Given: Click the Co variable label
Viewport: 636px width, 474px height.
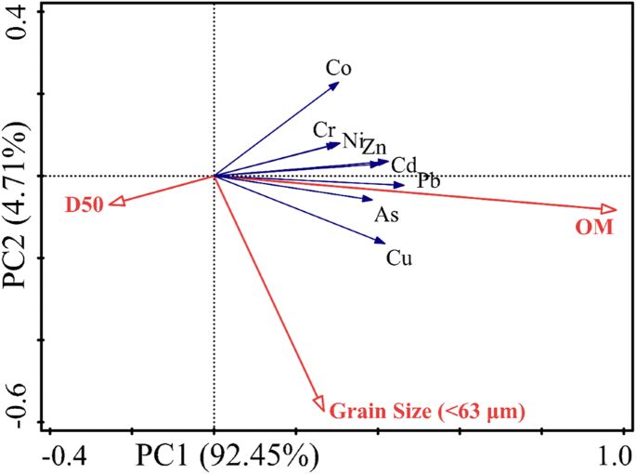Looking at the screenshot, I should click(x=339, y=67).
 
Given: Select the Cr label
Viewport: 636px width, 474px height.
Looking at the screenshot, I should click(x=324, y=129).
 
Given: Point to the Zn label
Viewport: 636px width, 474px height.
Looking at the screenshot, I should click(x=374, y=147).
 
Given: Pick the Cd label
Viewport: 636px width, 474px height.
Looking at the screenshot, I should click(x=403, y=165).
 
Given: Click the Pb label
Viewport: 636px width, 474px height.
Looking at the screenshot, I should click(x=428, y=180).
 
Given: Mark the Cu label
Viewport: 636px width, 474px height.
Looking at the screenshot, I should click(x=399, y=257).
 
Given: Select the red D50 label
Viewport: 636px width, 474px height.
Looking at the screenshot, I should click(x=84, y=204).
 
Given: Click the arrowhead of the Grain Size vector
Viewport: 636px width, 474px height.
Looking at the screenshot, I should click(x=319, y=404).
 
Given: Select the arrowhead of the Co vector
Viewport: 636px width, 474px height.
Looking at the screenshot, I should click(x=335, y=86).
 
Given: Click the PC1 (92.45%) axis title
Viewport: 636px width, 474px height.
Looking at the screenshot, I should click(x=228, y=456).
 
